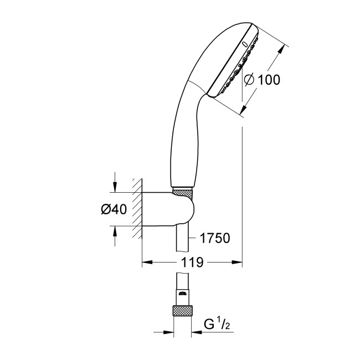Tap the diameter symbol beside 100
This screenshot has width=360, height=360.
(x=249, y=79)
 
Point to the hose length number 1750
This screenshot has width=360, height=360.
(x=214, y=239)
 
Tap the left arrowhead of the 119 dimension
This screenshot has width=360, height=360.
(x=147, y=261)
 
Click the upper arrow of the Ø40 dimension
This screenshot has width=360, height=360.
(x=115, y=188)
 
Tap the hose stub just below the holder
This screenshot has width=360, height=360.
(x=182, y=238)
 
